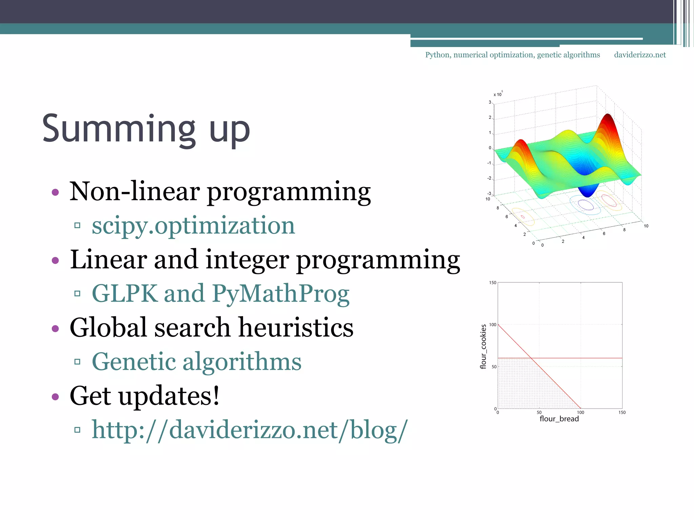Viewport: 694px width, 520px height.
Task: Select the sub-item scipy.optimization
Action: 193,225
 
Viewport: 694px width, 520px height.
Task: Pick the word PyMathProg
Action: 281,294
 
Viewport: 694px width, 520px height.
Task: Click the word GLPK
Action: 124,294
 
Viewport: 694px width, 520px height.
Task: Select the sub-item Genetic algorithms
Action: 197,362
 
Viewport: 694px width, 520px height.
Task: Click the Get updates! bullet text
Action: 145,396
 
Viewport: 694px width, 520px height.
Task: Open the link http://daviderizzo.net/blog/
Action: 250,430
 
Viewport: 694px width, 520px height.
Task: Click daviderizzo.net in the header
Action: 640,55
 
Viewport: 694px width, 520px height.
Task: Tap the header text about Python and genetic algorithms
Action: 512,55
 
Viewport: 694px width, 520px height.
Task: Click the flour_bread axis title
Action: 559,419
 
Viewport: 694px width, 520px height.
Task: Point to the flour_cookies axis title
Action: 484,346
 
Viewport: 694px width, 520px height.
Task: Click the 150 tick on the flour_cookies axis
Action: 493,283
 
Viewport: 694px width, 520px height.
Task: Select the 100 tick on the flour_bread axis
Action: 580,412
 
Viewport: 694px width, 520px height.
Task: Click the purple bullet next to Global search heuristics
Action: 55,328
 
